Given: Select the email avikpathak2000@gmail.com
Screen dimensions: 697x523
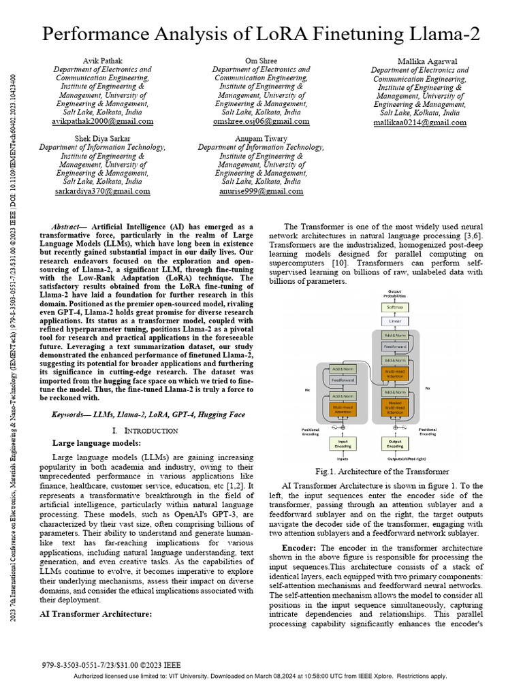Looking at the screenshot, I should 103,121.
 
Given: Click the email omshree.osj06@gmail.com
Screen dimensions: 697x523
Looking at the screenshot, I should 261,121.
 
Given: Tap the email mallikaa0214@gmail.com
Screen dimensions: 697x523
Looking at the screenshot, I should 419,123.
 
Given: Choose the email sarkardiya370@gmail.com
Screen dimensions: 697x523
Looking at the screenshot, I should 102,191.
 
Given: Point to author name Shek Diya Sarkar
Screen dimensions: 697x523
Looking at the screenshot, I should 102,139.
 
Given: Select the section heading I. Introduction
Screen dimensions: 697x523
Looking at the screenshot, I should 145,430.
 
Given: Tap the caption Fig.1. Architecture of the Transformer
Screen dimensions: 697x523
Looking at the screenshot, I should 381,472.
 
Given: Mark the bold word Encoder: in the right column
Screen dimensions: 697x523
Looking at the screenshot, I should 299,548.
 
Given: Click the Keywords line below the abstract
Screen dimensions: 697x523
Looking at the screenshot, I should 148,414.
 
